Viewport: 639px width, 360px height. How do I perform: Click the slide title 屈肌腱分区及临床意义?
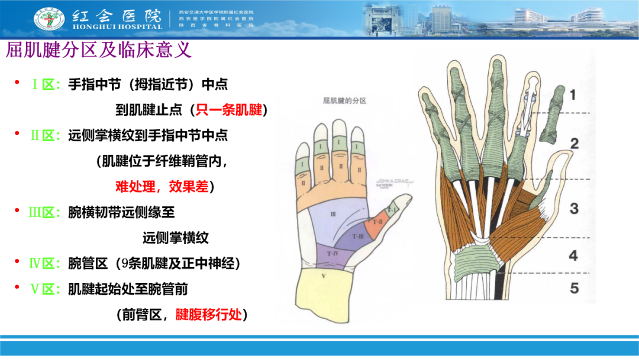(x=99, y=50)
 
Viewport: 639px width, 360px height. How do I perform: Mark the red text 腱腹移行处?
(x=208, y=314)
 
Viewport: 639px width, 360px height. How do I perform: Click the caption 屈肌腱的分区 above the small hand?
(x=344, y=101)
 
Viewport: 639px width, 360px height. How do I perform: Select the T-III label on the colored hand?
(x=359, y=236)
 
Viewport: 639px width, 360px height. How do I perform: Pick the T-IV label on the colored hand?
(x=333, y=253)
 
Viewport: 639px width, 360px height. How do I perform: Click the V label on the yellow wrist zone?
(x=323, y=276)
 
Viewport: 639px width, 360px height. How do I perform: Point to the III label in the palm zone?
(x=333, y=213)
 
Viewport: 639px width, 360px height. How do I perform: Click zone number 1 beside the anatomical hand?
(x=573, y=94)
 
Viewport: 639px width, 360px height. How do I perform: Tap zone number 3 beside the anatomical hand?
(x=573, y=208)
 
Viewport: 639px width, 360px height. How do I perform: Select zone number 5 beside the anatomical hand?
(x=574, y=289)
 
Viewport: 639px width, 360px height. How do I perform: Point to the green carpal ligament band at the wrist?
(x=476, y=259)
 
